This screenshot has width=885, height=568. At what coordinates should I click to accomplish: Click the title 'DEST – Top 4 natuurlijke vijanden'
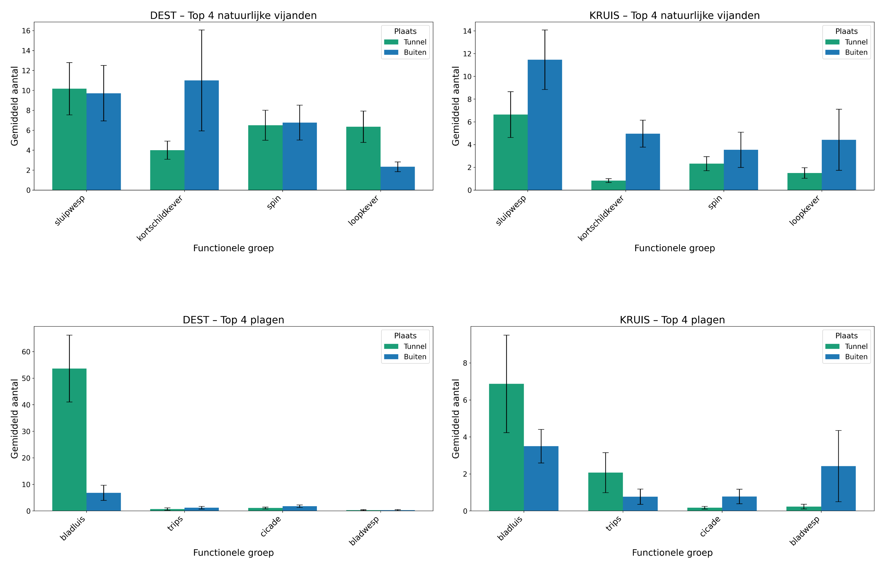click(233, 15)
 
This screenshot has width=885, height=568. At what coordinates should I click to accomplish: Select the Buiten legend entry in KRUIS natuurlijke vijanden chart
click(856, 52)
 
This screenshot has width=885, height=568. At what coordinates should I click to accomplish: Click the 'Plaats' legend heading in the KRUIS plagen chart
click(846, 336)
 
